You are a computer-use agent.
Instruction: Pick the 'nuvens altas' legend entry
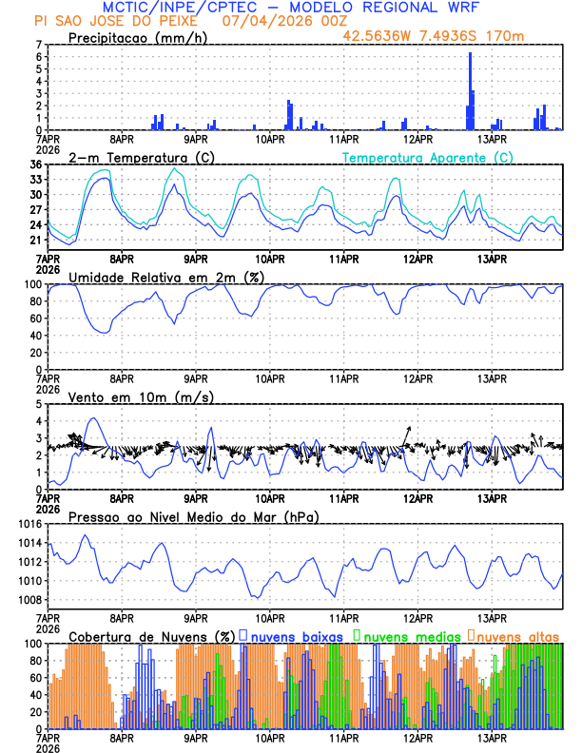(516, 634)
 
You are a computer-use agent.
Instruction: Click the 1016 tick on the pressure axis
(31, 524)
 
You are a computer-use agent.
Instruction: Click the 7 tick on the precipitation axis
(39, 45)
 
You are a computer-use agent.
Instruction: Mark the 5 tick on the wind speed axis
(39, 404)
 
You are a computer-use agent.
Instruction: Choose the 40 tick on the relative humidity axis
(36, 336)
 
